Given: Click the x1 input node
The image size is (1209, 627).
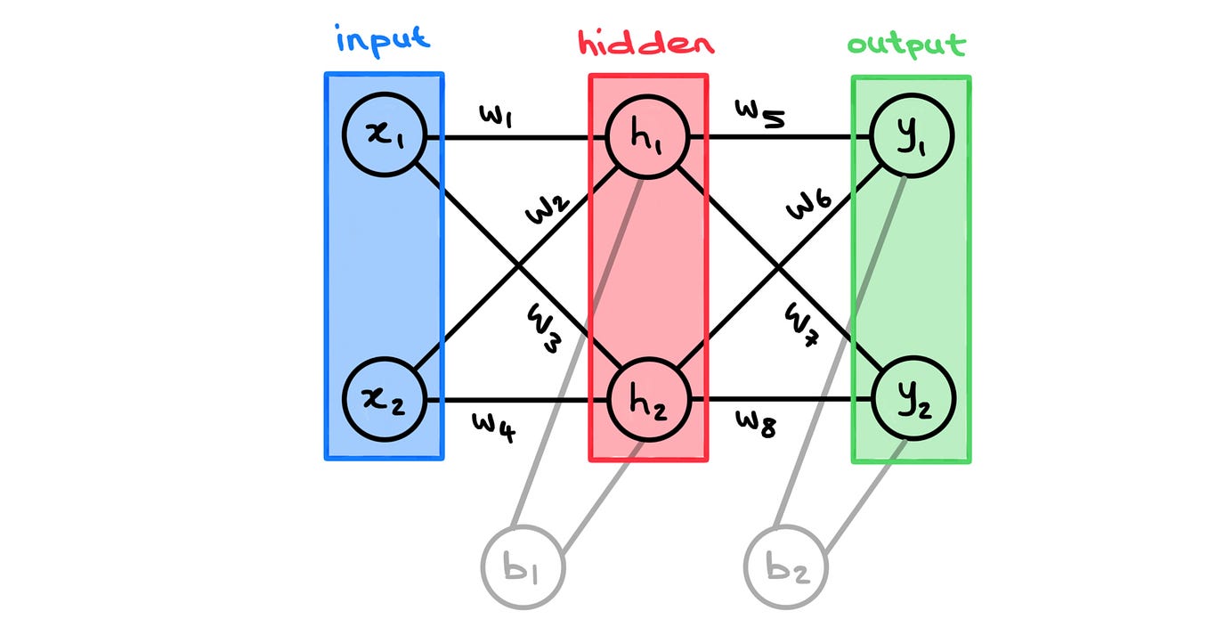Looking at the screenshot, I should click(385, 138).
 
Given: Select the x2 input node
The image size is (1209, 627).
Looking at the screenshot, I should click(385, 400).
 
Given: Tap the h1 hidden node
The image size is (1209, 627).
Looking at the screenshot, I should click(646, 138).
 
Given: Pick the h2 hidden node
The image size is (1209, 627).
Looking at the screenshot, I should click(646, 400).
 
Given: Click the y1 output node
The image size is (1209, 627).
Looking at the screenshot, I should click(913, 138).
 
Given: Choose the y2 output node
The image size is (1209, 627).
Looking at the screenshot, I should click(913, 400).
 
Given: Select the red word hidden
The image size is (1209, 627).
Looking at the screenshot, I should click(646, 43).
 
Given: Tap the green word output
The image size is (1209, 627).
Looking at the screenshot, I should click(906, 45).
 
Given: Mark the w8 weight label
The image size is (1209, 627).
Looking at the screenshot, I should click(757, 425).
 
